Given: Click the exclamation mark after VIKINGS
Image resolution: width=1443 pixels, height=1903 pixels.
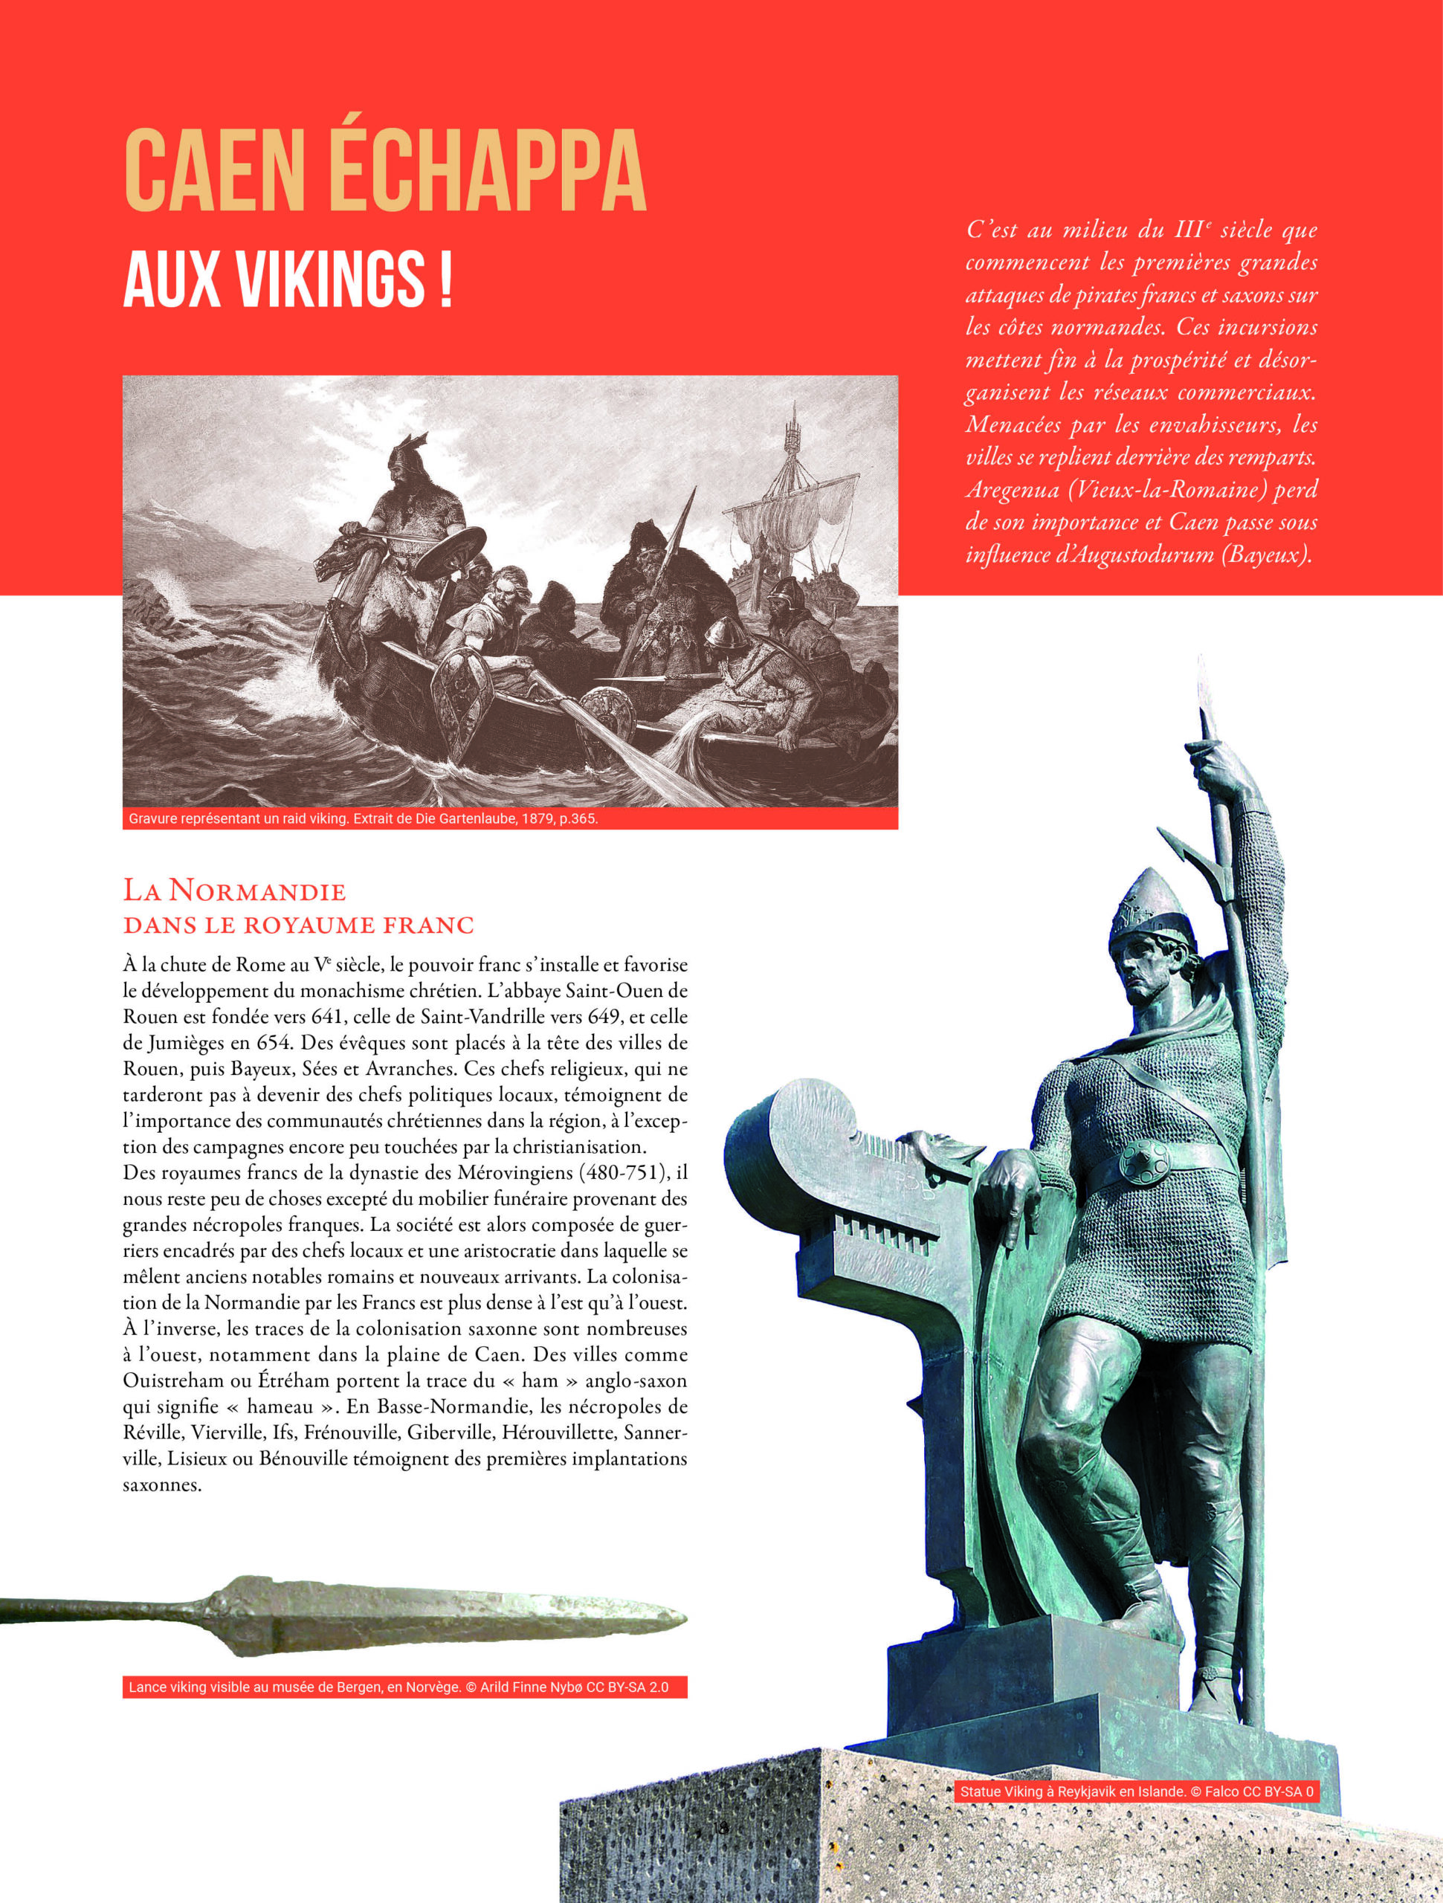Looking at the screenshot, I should [x=445, y=279].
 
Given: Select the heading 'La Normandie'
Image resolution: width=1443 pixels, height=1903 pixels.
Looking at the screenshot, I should [x=234, y=891].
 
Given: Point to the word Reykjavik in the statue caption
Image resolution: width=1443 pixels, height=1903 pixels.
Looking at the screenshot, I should [x=1089, y=1792].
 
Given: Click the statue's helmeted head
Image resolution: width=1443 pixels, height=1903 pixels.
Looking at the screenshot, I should [x=1152, y=946].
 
